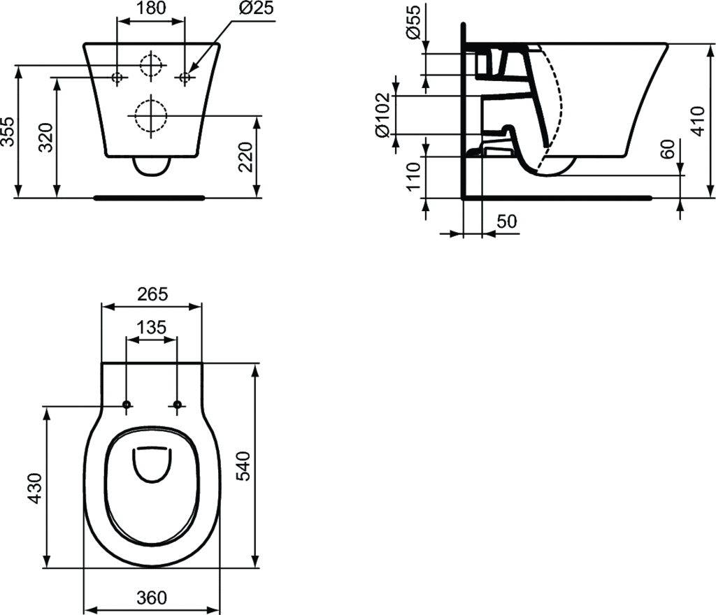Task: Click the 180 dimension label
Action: point(150,8)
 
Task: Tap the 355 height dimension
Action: point(8,131)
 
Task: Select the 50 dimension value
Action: point(506,221)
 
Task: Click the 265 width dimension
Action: point(152,294)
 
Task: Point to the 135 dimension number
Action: point(151,327)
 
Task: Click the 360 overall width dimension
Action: point(152,598)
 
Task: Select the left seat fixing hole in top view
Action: point(127,405)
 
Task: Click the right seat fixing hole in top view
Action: point(177,405)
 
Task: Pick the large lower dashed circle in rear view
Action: point(150,115)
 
